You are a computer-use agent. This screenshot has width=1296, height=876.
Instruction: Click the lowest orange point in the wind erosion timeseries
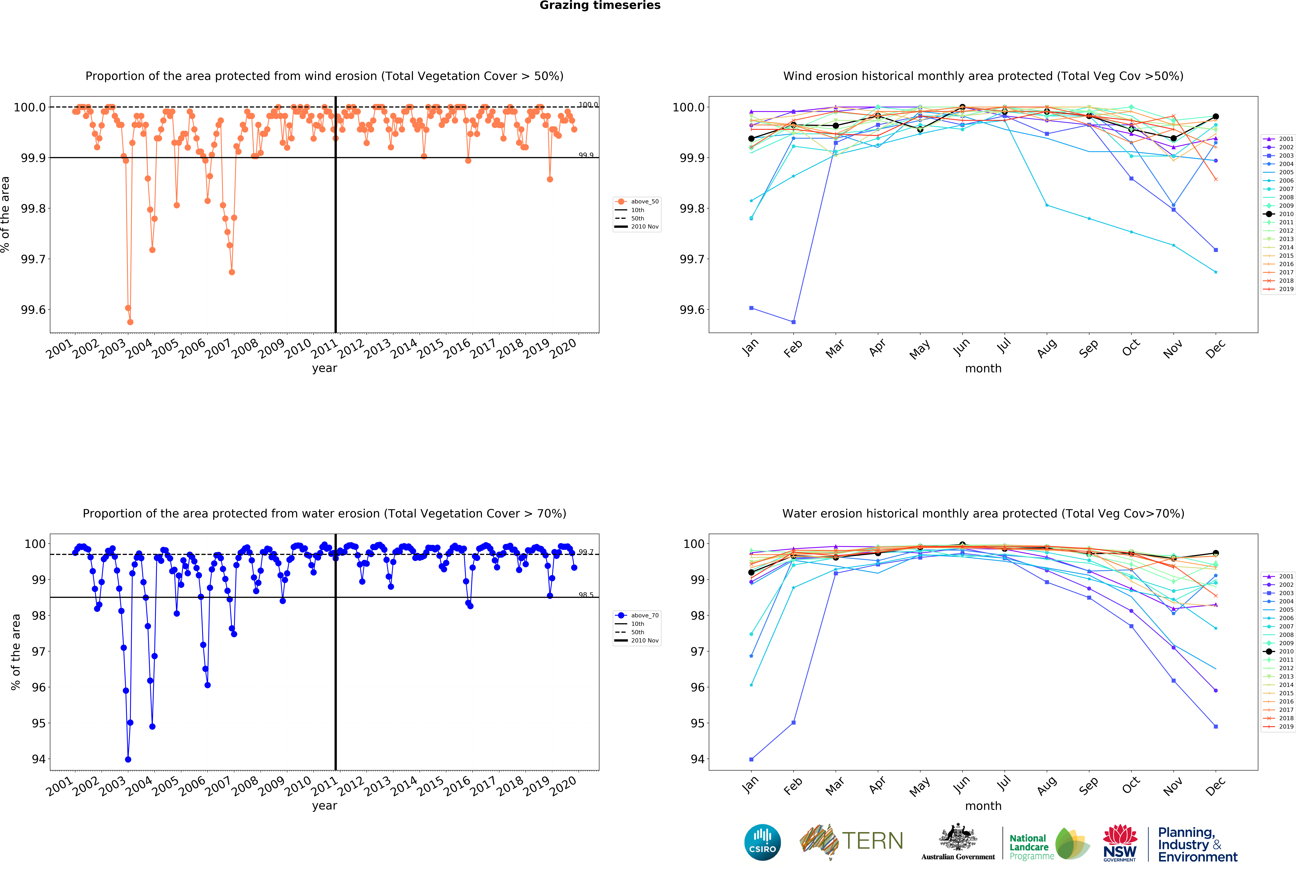point(130,322)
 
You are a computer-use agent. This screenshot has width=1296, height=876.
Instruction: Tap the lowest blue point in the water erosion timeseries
point(128,759)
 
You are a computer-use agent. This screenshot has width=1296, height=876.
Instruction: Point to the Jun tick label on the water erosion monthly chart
point(961,785)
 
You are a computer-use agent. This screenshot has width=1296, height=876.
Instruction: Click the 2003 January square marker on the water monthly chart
point(751,759)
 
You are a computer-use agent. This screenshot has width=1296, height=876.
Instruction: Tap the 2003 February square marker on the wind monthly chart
point(794,322)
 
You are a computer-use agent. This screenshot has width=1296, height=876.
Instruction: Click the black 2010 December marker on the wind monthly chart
point(1216,117)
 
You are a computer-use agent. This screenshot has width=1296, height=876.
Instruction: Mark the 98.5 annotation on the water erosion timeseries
point(586,595)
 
